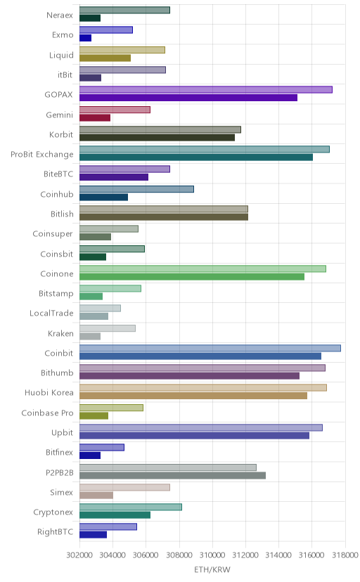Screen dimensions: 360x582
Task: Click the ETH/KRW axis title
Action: point(212,570)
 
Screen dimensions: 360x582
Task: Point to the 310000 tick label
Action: point(212,555)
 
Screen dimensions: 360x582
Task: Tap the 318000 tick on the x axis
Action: point(345,555)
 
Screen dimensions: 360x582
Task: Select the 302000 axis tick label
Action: point(79,555)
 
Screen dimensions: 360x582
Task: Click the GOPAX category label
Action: point(58,95)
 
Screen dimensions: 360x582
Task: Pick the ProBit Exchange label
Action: point(42,155)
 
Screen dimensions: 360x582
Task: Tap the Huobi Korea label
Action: point(49,393)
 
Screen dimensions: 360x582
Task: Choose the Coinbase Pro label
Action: point(48,413)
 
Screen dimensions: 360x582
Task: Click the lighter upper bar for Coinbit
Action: point(210,348)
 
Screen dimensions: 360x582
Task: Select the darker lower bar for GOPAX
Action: point(188,98)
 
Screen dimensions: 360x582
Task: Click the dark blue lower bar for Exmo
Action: point(85,38)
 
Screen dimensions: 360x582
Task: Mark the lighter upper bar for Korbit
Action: point(160,129)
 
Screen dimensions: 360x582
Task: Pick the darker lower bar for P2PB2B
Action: point(172,475)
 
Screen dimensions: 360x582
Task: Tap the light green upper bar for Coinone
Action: point(202,269)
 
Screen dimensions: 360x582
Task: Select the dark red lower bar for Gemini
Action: point(95,118)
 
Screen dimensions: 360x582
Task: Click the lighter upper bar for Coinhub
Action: point(136,189)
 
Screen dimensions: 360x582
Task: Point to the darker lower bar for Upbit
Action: point(194,436)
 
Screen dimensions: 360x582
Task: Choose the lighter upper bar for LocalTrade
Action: point(100,309)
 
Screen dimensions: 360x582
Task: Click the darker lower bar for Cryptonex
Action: point(115,515)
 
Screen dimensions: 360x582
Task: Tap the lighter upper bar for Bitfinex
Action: point(102,448)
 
